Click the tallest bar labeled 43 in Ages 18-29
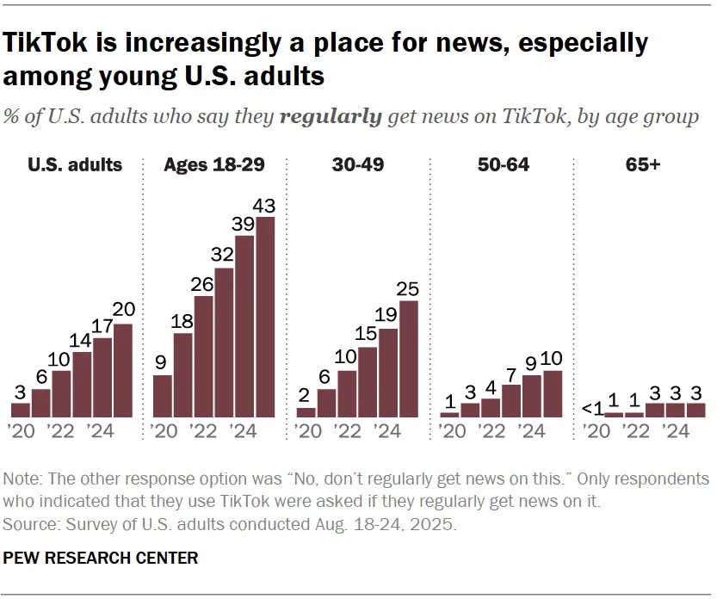(x=266, y=317)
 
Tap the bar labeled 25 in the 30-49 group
(x=409, y=359)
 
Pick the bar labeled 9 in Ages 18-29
(x=163, y=396)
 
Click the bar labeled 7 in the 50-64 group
(x=511, y=400)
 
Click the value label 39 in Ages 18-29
(x=245, y=224)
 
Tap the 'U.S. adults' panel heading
(x=75, y=164)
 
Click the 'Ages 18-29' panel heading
(x=214, y=164)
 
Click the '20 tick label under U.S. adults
(x=21, y=430)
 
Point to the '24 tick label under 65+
(x=673, y=430)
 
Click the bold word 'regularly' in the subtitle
(x=331, y=117)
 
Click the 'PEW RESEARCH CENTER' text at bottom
(x=101, y=559)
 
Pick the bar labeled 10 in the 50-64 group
(x=553, y=393)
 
